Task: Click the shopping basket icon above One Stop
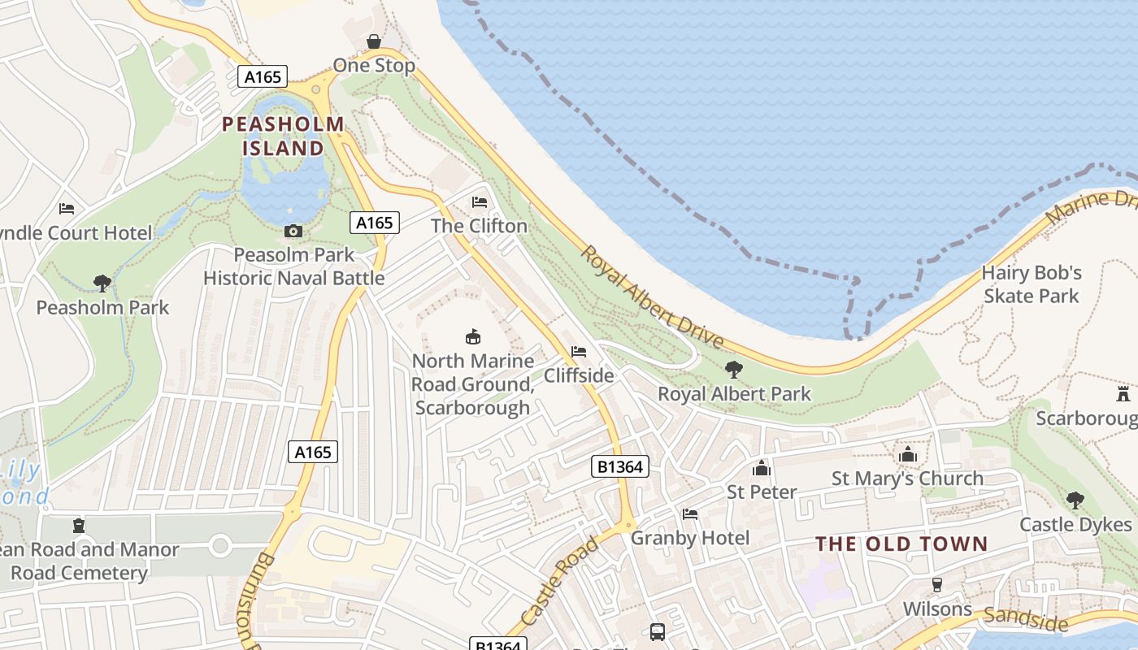click(374, 41)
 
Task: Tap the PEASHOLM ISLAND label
click(284, 136)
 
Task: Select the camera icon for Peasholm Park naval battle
click(293, 232)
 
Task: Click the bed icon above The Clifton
click(480, 201)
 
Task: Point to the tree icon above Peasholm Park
click(102, 284)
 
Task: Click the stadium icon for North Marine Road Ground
click(472, 336)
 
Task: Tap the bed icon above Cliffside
click(579, 352)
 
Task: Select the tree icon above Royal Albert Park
click(734, 370)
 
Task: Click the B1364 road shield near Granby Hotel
click(619, 466)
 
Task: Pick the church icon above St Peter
click(762, 468)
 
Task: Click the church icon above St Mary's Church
click(907, 454)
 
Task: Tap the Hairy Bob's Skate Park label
click(1032, 284)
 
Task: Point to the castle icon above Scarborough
click(1123, 395)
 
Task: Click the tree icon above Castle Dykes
click(1075, 500)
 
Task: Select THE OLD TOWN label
click(901, 544)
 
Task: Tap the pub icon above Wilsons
click(936, 585)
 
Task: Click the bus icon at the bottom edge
click(658, 631)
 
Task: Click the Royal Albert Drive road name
click(650, 297)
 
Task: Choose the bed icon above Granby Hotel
click(690, 514)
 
